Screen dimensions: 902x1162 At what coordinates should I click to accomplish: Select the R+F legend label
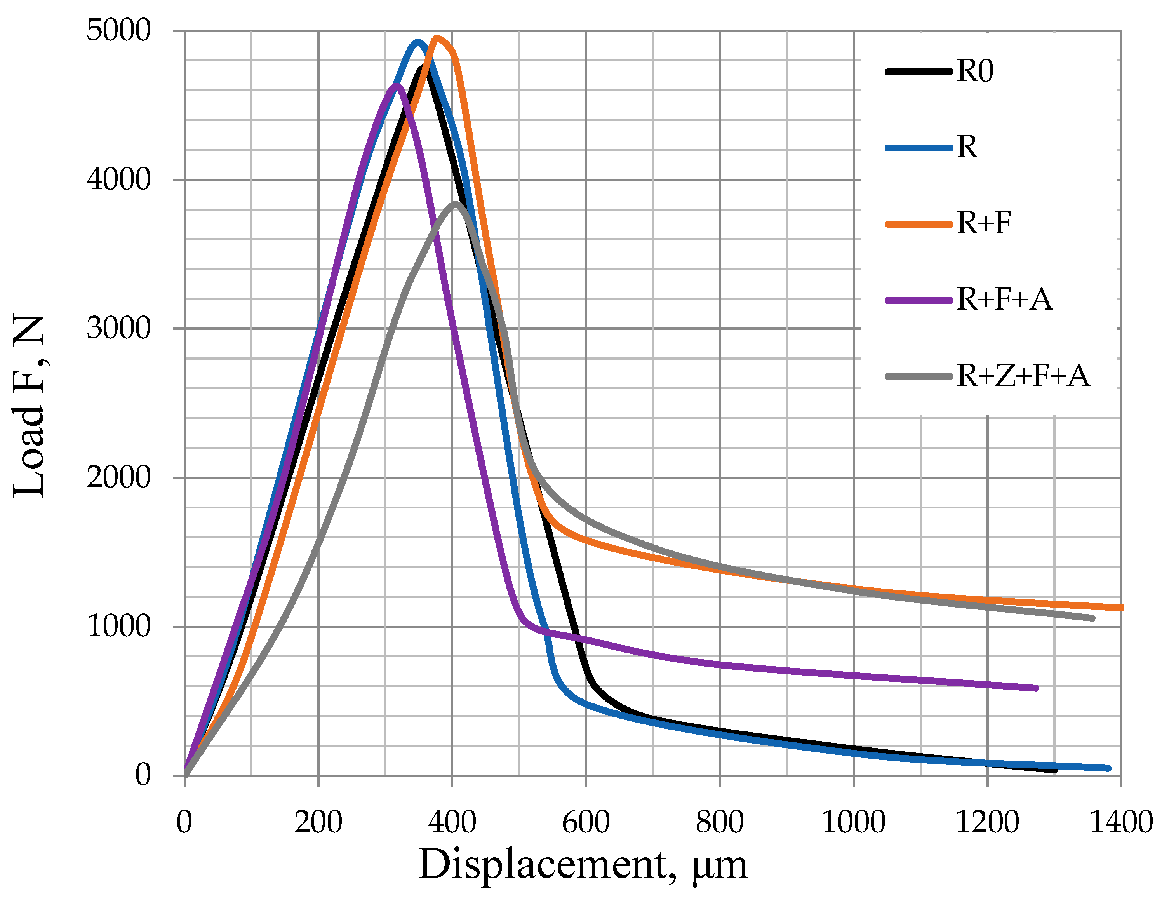tap(983, 223)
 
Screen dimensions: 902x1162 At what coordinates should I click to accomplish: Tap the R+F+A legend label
tap(1004, 299)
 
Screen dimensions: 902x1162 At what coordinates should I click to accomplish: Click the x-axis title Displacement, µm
tap(583, 865)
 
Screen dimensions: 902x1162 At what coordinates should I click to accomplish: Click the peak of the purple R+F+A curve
tap(396, 86)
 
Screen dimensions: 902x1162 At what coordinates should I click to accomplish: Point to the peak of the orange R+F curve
tap(437, 38)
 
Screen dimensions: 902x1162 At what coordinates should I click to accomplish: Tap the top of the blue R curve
tap(418, 42)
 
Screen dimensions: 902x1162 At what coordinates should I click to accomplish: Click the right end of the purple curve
tap(1036, 688)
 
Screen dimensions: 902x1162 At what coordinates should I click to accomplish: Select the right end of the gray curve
tap(1092, 618)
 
